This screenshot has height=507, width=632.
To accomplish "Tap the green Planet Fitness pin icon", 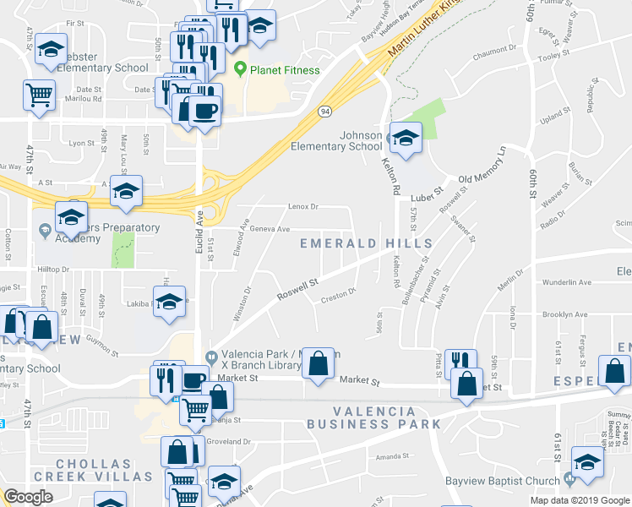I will click(240, 69).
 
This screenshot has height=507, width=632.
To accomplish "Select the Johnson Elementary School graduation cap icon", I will click(406, 138).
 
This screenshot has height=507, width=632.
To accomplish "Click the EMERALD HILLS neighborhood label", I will click(367, 243).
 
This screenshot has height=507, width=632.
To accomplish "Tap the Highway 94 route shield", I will click(324, 111).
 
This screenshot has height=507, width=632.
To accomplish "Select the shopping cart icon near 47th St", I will click(39, 95).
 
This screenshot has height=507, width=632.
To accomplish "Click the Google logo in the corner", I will click(29, 496).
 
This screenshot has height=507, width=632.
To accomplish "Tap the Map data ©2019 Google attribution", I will click(579, 500).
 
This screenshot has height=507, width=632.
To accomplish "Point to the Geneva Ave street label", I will click(270, 229).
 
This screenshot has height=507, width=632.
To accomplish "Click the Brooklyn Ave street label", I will click(564, 314).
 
